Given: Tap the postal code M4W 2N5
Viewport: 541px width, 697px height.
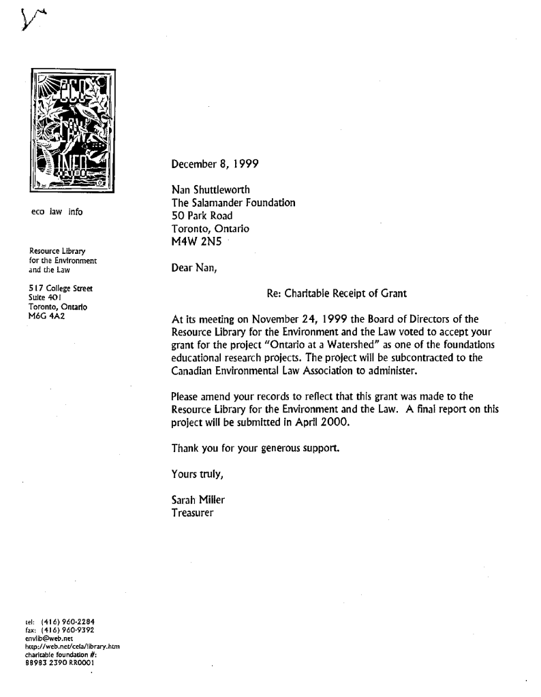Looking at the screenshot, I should (x=198, y=243).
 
